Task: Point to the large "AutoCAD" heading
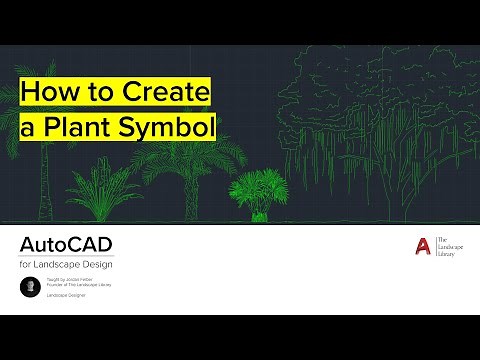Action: coord(66,245)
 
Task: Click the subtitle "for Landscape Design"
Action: coord(66,263)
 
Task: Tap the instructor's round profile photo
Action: coord(30,286)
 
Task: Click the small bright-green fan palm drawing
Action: coord(257,190)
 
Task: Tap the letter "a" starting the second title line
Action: coord(28,128)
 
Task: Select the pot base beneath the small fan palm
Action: coord(258,214)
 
